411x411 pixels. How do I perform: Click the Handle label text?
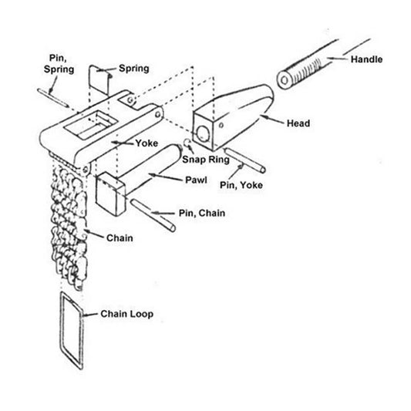tap(366, 59)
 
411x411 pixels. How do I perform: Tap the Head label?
tap(298, 123)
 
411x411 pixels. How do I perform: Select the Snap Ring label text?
tap(206, 160)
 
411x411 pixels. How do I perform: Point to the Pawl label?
tap(196, 180)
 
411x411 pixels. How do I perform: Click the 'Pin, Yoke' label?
tap(241, 185)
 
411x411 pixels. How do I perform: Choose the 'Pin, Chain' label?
tap(202, 213)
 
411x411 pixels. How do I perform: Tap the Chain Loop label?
tap(127, 314)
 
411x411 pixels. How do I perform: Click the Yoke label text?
tap(147, 143)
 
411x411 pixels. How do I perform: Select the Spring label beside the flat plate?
tap(134, 69)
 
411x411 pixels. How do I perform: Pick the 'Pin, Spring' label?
tap(59, 64)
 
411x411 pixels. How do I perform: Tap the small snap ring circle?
tap(187, 143)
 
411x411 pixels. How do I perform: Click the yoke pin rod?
tap(245, 160)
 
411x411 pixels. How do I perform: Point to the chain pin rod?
tap(153, 215)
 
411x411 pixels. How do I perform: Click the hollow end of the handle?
tap(285, 79)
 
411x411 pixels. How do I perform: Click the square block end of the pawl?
tap(110, 194)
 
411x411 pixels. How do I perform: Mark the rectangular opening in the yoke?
tap(91, 124)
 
